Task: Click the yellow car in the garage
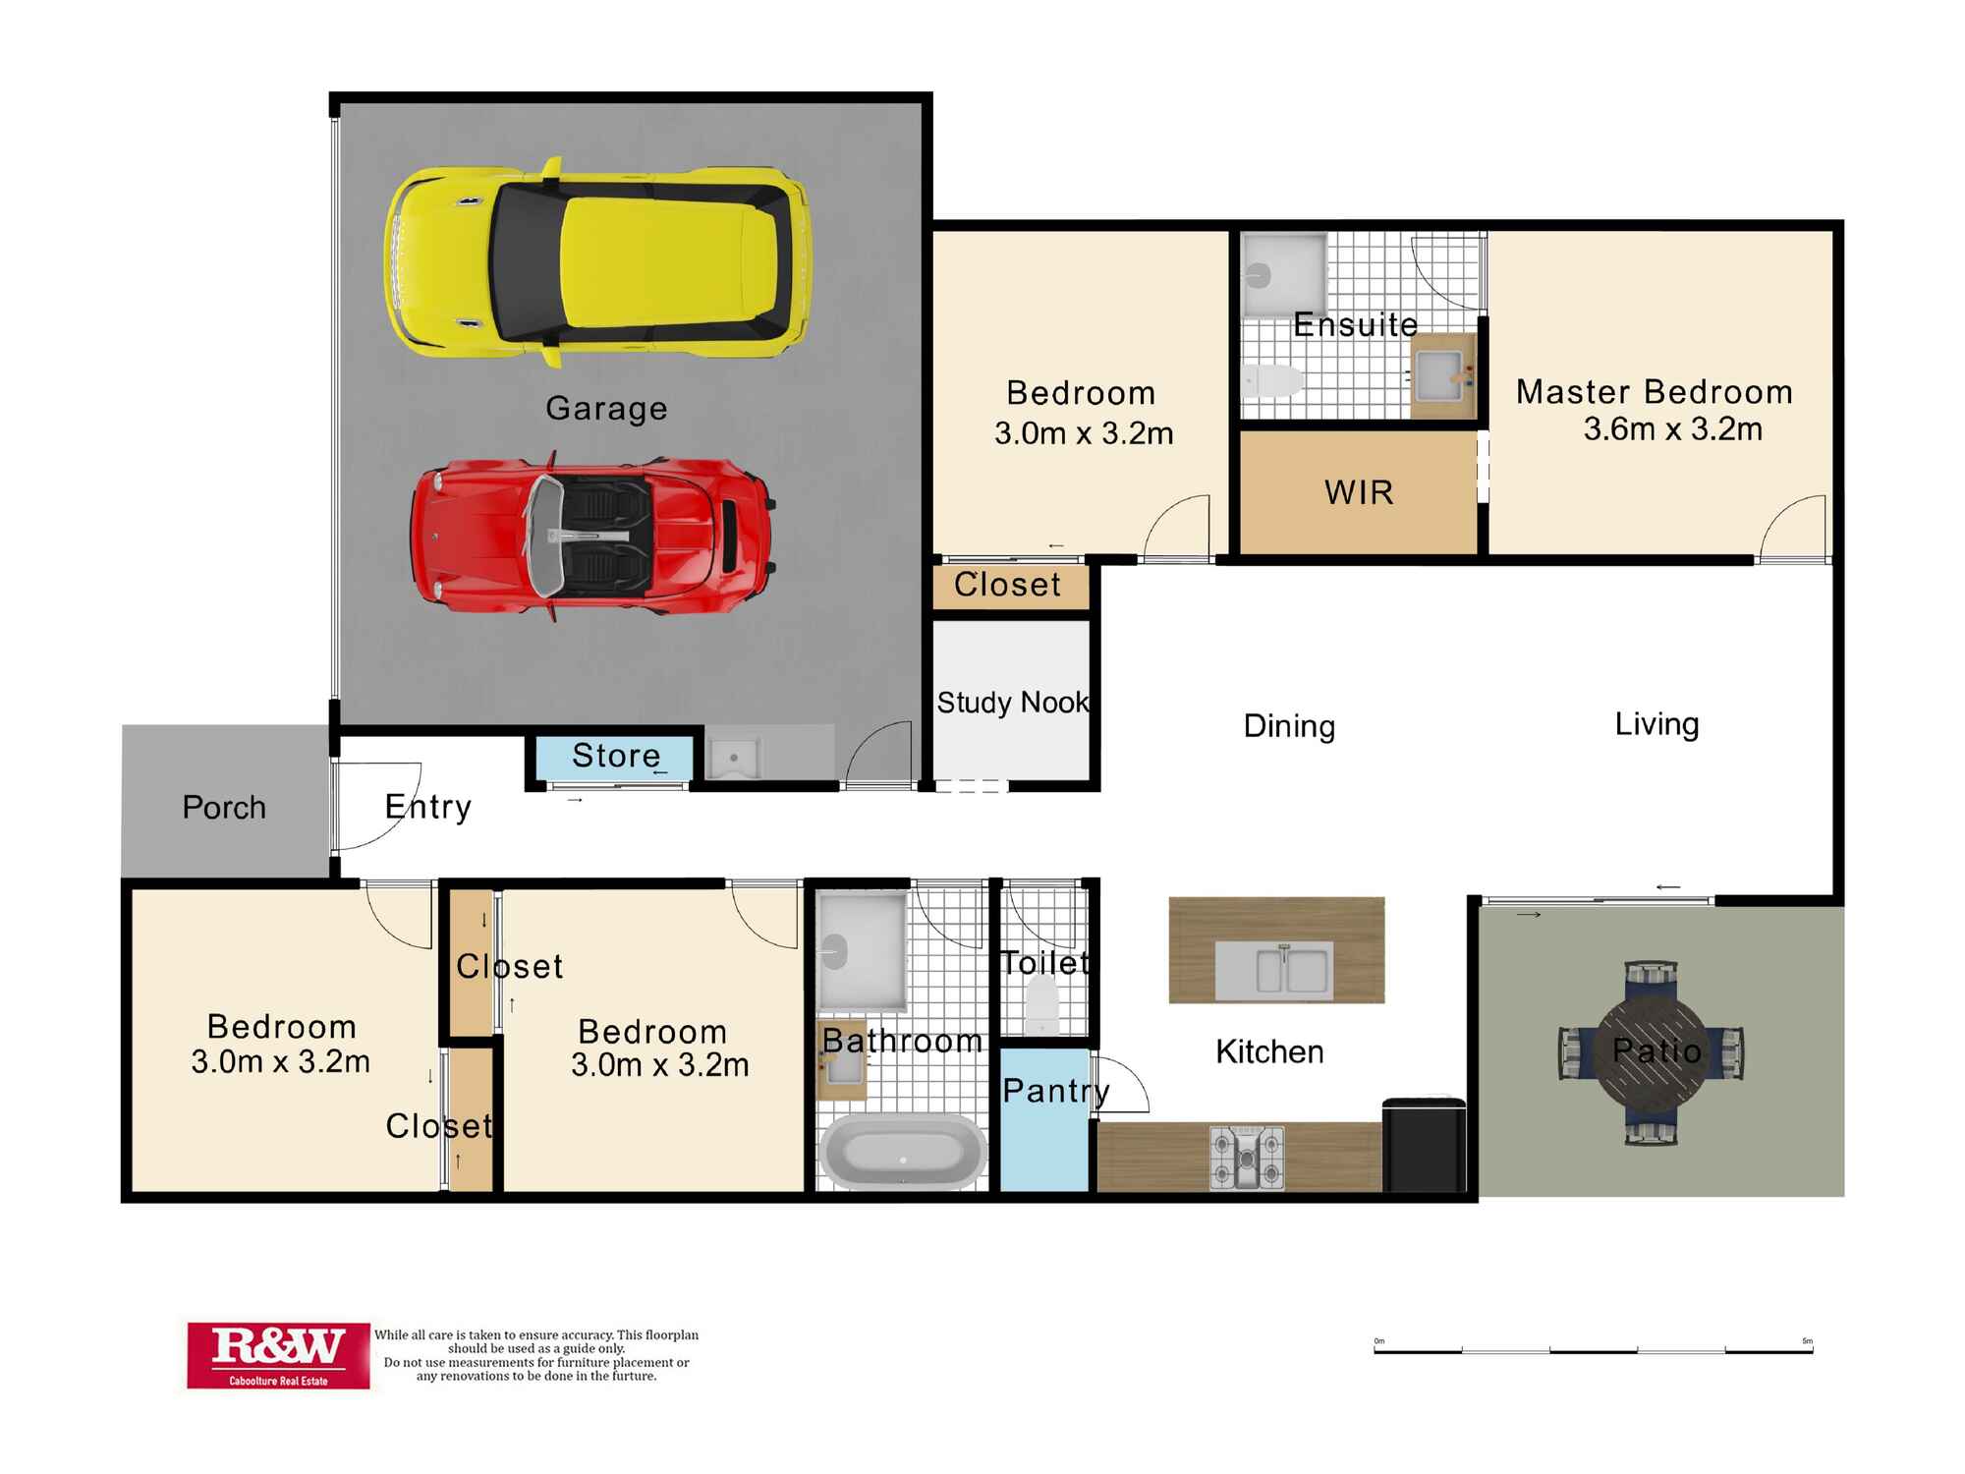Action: [597, 262]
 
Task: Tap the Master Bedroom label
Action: [1655, 392]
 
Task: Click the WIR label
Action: [1359, 492]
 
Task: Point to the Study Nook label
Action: [1013, 702]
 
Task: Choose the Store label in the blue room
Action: [616, 755]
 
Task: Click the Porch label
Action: [224, 807]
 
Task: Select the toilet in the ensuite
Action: [1272, 380]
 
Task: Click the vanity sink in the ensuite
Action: [1443, 375]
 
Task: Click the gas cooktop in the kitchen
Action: [1247, 1158]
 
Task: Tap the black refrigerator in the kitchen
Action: [1424, 1145]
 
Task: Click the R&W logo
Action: [278, 1355]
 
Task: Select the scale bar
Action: [1593, 1348]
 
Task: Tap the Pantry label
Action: [1056, 1091]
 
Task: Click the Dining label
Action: [1289, 726]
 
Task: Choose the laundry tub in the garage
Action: [733, 757]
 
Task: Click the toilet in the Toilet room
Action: [1042, 1004]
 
